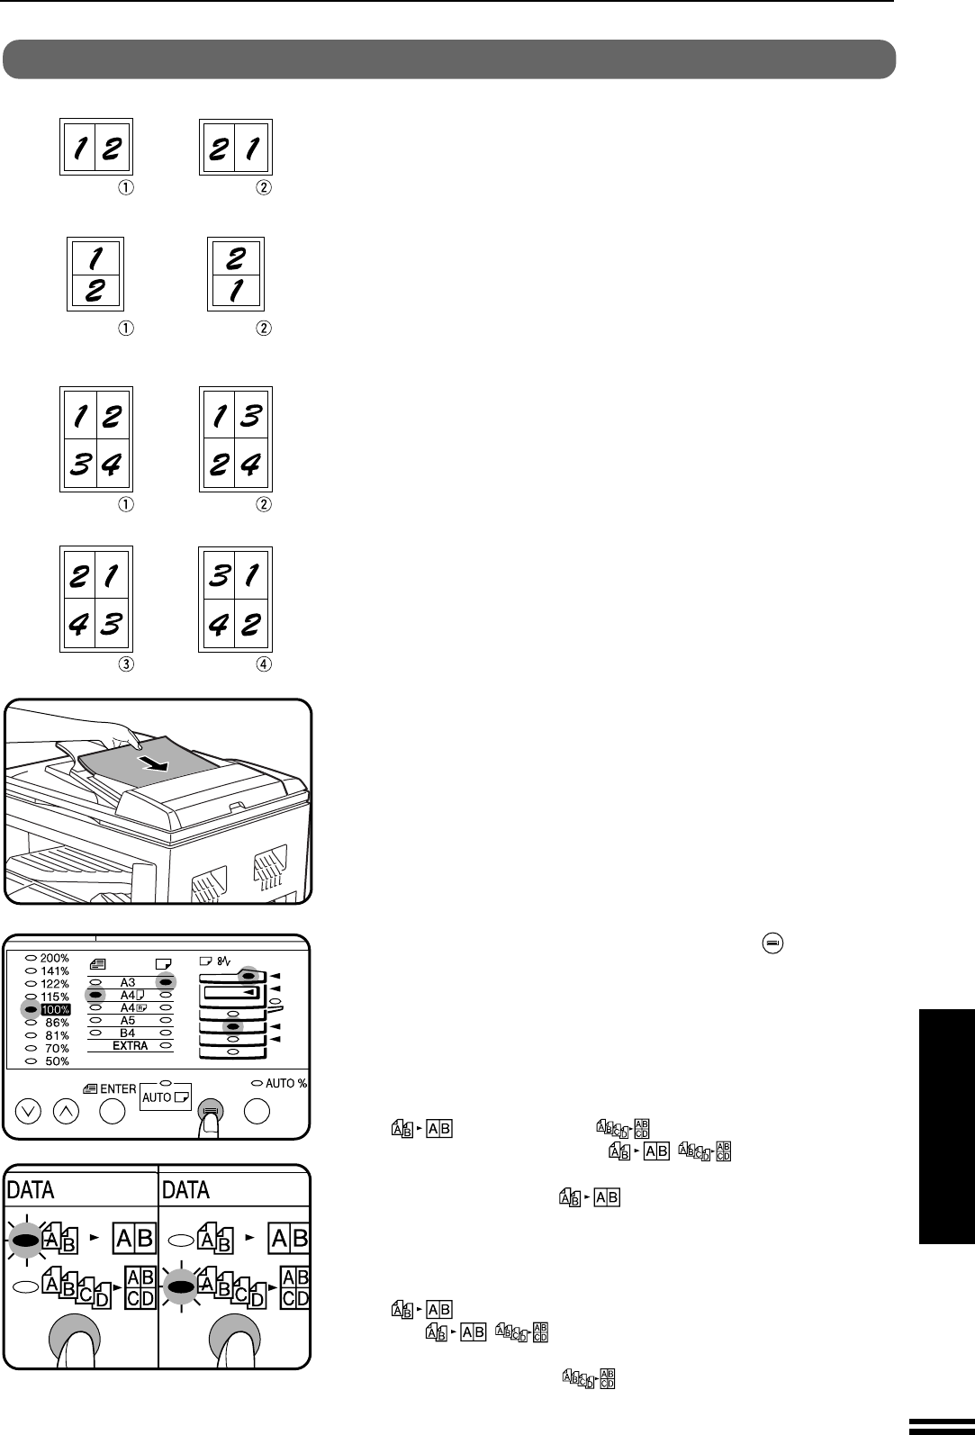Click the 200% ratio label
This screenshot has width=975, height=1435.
(x=54, y=958)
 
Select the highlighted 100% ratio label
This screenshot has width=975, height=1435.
(x=56, y=1009)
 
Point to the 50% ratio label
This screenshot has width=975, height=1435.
(x=57, y=1060)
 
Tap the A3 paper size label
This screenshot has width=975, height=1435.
(x=128, y=982)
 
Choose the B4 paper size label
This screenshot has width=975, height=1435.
(x=128, y=1033)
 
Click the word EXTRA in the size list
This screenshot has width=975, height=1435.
(x=130, y=1045)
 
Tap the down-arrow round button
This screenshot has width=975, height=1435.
(x=28, y=1111)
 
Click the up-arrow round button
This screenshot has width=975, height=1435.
(x=66, y=1111)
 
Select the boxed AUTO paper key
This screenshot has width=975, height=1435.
(x=166, y=1097)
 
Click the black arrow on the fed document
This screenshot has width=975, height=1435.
(x=155, y=763)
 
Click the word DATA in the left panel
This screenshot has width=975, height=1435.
(x=30, y=1189)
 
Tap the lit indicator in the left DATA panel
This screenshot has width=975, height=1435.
(x=25, y=1241)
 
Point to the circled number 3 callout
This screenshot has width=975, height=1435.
(x=126, y=664)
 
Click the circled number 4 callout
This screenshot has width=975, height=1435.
(x=264, y=664)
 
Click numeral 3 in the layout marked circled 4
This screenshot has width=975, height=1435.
(x=219, y=575)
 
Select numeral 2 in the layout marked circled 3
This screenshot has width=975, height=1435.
(x=79, y=575)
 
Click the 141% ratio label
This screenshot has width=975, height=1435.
(x=54, y=971)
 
